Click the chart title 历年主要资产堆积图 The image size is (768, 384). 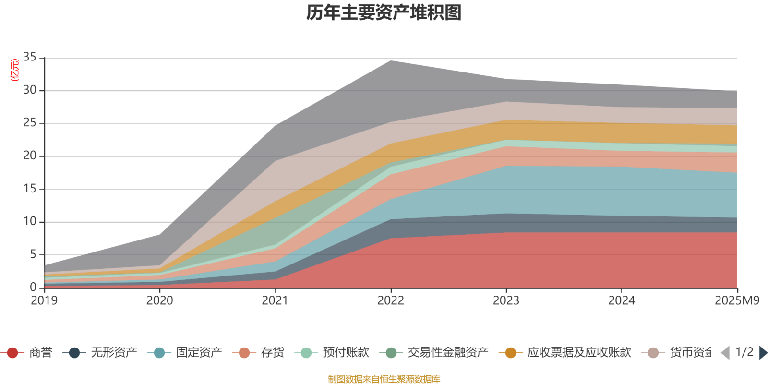(x=384, y=13)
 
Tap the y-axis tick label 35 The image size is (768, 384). (x=30, y=58)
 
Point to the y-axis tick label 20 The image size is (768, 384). (x=30, y=156)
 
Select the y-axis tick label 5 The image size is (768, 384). (x=33, y=254)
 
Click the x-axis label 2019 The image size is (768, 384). (x=44, y=300)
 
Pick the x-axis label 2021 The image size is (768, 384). (x=275, y=300)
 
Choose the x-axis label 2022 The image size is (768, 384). (x=391, y=300)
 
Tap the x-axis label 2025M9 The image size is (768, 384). (x=737, y=300)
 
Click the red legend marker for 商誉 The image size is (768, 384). (x=12, y=353)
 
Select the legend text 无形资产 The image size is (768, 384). (x=114, y=353)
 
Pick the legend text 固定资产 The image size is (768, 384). (x=199, y=353)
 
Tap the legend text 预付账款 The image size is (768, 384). (x=346, y=353)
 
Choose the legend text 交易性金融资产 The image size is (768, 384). (x=448, y=353)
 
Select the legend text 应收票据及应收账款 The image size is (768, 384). (x=579, y=353)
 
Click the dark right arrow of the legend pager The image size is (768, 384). (x=763, y=353)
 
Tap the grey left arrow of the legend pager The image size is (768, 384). (x=725, y=353)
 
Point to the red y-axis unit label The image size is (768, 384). (x=15, y=70)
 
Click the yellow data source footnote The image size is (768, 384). (x=384, y=379)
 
